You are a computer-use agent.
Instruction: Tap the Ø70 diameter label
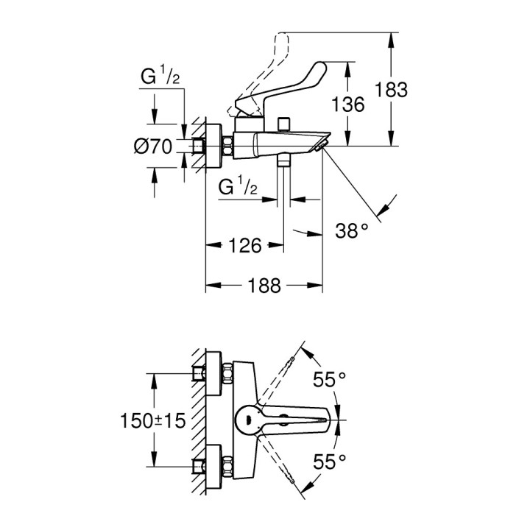pos(152,147)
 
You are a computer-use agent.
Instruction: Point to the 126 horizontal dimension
pos(244,246)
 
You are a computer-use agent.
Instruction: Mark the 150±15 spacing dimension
pos(152,421)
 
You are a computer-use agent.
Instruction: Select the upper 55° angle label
pos(329,380)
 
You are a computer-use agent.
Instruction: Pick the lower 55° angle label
pos(329,462)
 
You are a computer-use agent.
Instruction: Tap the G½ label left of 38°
pos(236,188)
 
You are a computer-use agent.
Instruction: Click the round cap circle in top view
pos(246,420)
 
